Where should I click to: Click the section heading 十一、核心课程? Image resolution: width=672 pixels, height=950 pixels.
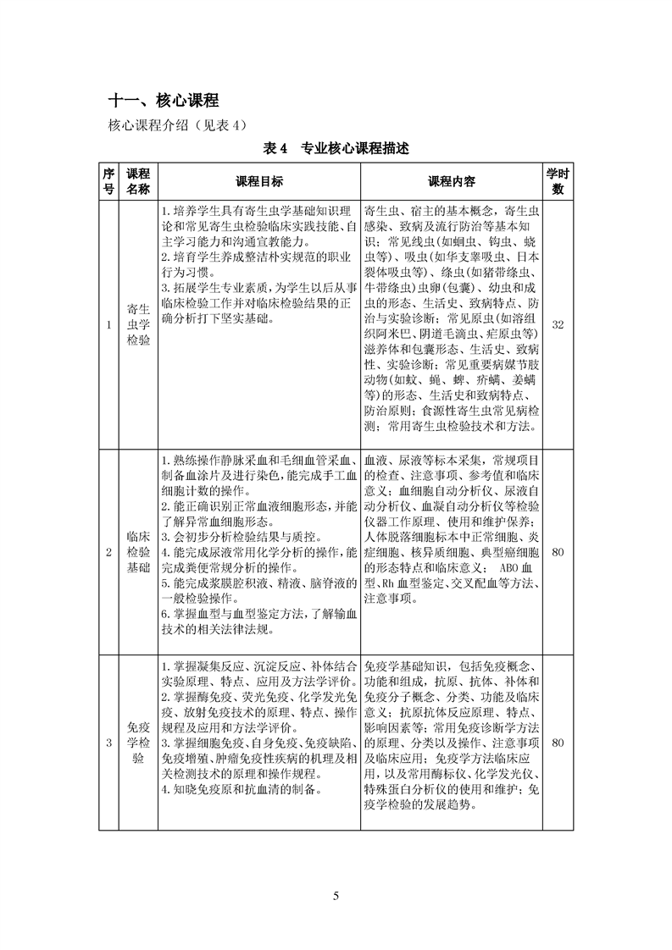(164, 100)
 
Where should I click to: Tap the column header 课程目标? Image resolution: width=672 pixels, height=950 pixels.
(259, 181)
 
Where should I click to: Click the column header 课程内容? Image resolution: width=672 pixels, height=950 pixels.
(452, 181)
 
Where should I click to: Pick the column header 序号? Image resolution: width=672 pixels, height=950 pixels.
(108, 181)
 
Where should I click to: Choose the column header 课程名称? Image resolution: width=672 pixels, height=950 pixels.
(138, 181)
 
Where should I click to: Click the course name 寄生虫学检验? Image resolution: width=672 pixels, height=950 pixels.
(138, 325)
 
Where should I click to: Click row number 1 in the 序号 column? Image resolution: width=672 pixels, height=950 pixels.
(108, 325)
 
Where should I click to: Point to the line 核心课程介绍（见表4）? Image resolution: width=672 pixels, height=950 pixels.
(176, 125)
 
